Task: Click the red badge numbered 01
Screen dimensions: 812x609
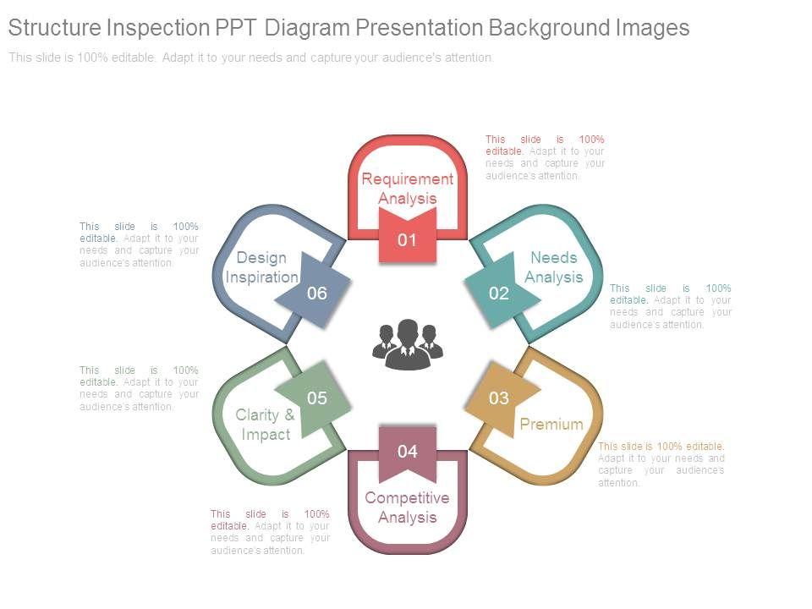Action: coord(408,239)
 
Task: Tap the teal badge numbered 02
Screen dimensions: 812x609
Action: coord(500,294)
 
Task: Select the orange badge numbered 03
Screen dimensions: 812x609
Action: coord(499,398)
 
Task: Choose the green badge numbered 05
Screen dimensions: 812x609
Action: coord(316,398)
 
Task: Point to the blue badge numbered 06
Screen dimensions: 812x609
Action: coord(316,294)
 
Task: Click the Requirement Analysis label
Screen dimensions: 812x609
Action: coord(408,189)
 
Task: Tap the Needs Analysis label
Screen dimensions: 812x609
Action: coord(554,267)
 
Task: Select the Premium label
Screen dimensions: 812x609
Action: coord(551,424)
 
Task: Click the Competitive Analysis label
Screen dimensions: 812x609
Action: coord(408,507)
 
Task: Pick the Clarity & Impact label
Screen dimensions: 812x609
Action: coord(266,425)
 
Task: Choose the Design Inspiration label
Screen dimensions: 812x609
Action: coord(261,267)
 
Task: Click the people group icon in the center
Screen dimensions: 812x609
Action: coord(408,343)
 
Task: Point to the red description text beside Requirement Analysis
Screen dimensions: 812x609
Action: coord(545,157)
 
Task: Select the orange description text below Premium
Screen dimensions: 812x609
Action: coord(661,464)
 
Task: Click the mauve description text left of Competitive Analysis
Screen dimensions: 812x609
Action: coord(270,532)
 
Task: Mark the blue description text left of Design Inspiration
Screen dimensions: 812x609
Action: coord(139,244)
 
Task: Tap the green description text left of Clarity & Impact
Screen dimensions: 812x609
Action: coord(139,388)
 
